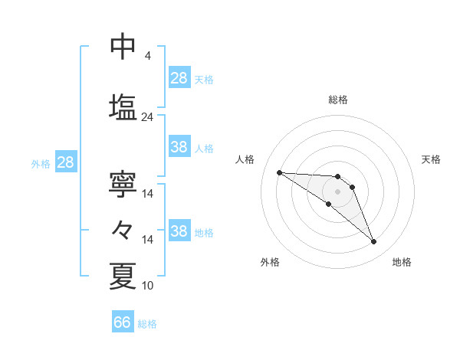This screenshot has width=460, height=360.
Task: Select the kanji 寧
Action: [x=123, y=184]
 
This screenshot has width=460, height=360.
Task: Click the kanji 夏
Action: [x=123, y=276]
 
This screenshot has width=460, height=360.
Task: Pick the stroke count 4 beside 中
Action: [x=147, y=56]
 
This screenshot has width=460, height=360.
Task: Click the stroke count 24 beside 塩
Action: [x=147, y=117]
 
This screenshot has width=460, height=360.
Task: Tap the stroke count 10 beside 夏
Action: [x=147, y=286]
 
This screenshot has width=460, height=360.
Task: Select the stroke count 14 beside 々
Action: [x=147, y=240]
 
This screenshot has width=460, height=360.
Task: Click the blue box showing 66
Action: [x=123, y=322]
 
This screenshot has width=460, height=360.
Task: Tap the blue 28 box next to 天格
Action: [x=179, y=78]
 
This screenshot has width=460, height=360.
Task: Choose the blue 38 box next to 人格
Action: [x=179, y=147]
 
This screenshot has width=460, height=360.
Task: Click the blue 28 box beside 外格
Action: [x=65, y=162]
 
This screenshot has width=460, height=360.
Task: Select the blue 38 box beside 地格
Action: [x=179, y=231]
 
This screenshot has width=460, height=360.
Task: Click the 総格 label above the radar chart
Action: [x=338, y=100]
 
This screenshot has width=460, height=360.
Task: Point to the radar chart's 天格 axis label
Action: [x=431, y=159]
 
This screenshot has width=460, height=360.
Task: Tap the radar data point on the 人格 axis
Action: [x=279, y=172]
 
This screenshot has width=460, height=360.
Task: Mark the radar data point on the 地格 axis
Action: [x=373, y=242]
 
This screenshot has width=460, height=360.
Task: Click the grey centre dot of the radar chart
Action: [x=338, y=191]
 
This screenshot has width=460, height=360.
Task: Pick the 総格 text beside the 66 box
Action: [x=147, y=324]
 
